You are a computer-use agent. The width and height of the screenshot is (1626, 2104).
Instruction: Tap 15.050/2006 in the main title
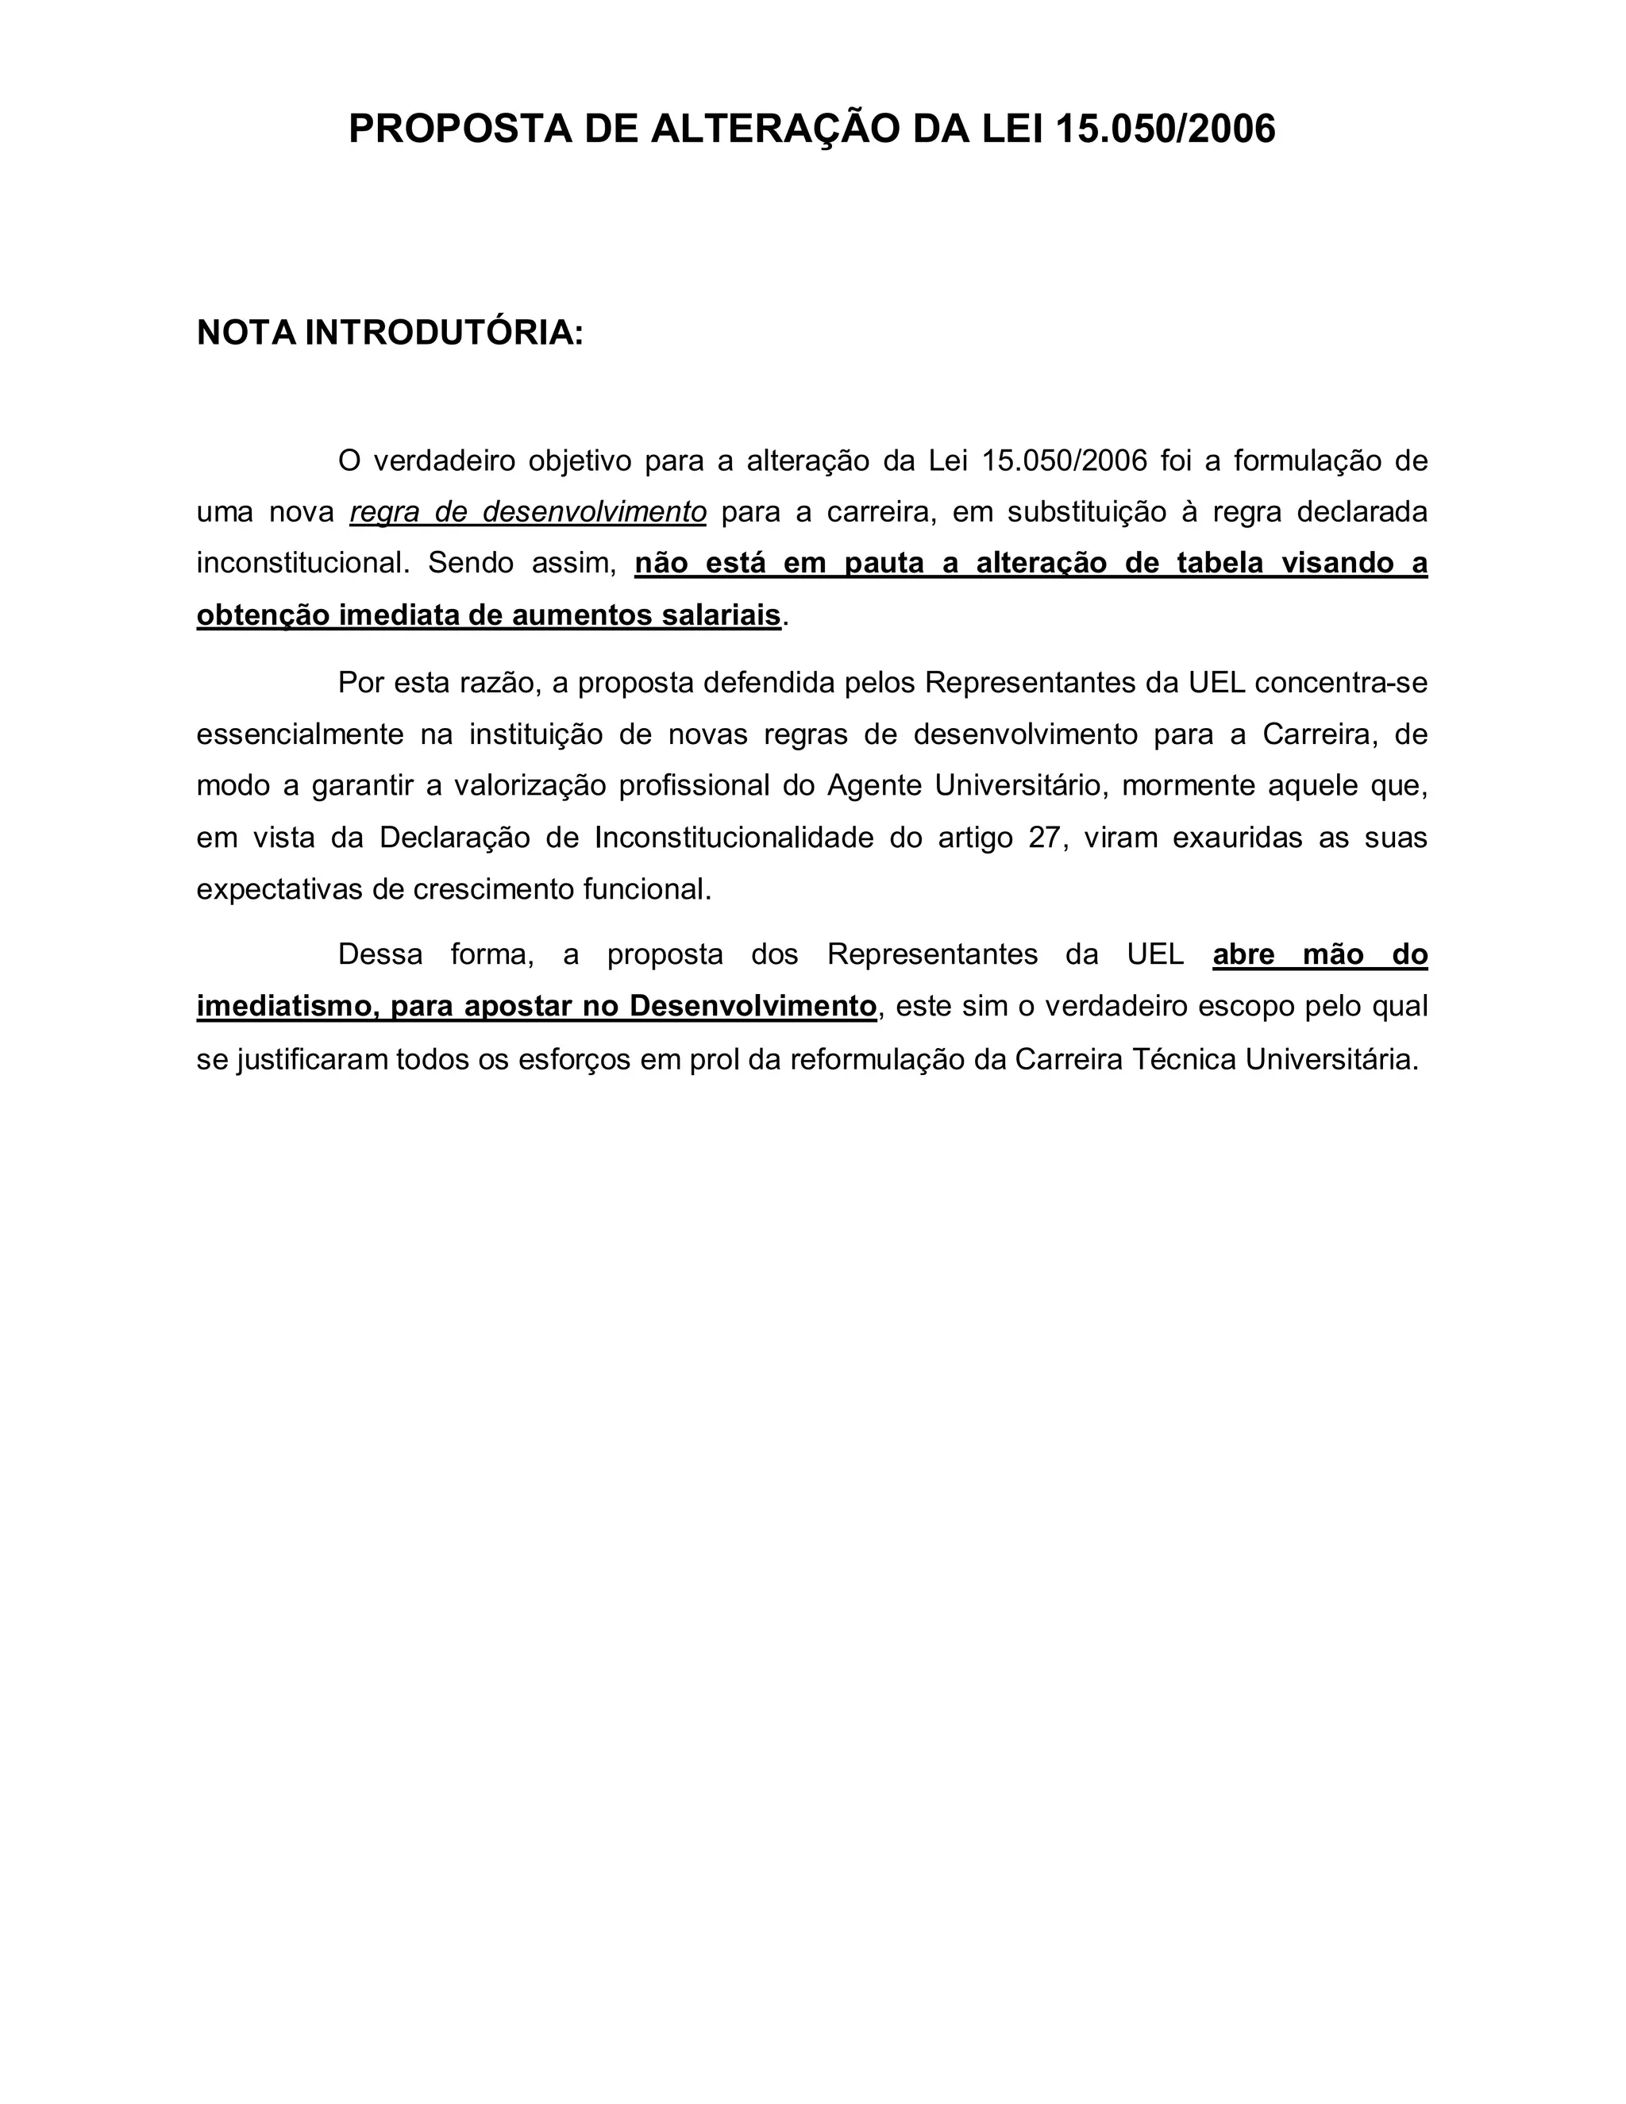point(1166,129)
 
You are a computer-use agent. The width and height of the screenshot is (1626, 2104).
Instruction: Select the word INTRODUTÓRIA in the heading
point(444,333)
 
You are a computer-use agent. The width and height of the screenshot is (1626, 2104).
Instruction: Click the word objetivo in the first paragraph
point(578,461)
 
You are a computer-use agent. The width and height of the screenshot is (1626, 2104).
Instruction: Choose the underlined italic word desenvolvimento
point(595,513)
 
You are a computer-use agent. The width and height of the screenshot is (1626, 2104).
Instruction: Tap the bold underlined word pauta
point(884,563)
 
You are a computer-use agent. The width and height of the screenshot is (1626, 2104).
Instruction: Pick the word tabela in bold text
point(1219,563)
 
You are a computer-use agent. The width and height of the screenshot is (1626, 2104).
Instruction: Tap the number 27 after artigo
point(1043,837)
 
